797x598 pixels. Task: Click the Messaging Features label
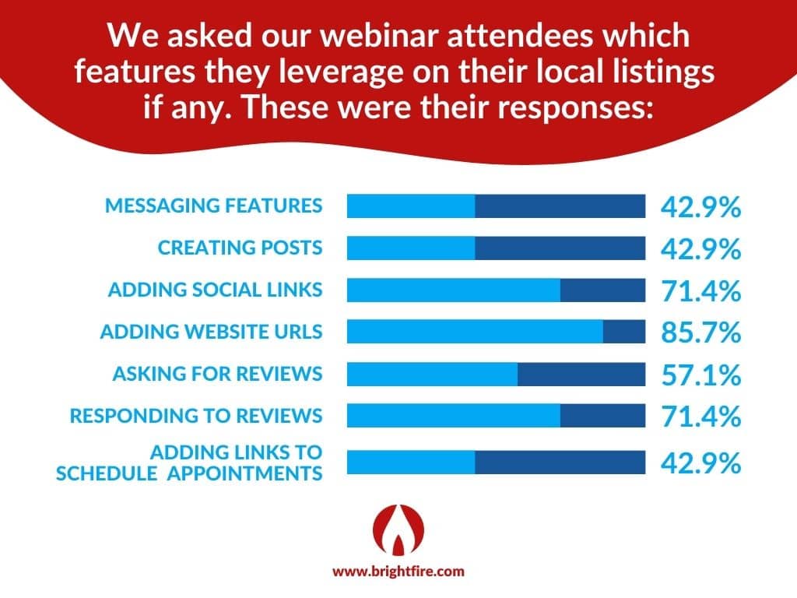point(213,206)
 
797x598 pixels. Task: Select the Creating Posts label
point(240,248)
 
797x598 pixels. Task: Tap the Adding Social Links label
point(215,290)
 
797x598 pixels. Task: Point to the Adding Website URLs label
point(212,332)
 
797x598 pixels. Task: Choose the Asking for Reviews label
point(218,374)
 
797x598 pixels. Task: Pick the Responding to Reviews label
point(196,416)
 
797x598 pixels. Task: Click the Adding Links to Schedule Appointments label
point(189,463)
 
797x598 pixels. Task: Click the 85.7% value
point(701,332)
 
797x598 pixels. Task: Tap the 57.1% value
point(701,375)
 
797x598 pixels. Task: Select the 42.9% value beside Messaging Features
point(701,206)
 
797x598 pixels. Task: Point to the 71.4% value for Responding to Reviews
point(701,416)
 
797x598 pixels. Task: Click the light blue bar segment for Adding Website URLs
point(476,332)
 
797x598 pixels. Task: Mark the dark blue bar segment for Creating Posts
point(560,248)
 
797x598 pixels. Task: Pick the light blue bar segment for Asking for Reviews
point(433,374)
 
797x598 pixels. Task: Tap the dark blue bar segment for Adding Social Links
point(603,290)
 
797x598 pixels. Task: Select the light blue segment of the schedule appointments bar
point(411,463)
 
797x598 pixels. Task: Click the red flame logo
point(398,529)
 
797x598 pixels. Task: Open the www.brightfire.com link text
point(398,571)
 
